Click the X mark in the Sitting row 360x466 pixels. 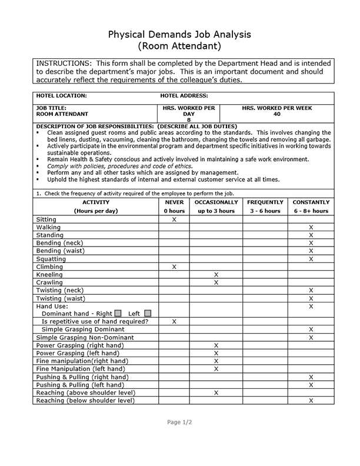point(174,219)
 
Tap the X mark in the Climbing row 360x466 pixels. point(174,267)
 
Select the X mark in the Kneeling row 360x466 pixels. point(216,275)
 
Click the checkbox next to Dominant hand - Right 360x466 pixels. point(118,314)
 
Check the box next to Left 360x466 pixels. point(147,314)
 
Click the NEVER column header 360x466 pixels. point(174,202)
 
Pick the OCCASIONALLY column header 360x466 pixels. point(216,202)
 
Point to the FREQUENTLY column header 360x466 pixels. point(265,202)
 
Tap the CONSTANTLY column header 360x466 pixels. point(311,202)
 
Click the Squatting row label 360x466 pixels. point(52,259)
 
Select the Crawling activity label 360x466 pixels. point(51,282)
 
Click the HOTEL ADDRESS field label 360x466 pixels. point(184,95)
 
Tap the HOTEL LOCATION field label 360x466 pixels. point(62,95)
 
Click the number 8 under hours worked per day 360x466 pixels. point(189,120)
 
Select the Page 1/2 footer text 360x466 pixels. point(179,422)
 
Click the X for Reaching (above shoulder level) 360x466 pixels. point(216,392)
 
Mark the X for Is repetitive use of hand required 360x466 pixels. point(174,322)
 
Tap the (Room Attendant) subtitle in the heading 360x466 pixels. point(179,45)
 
